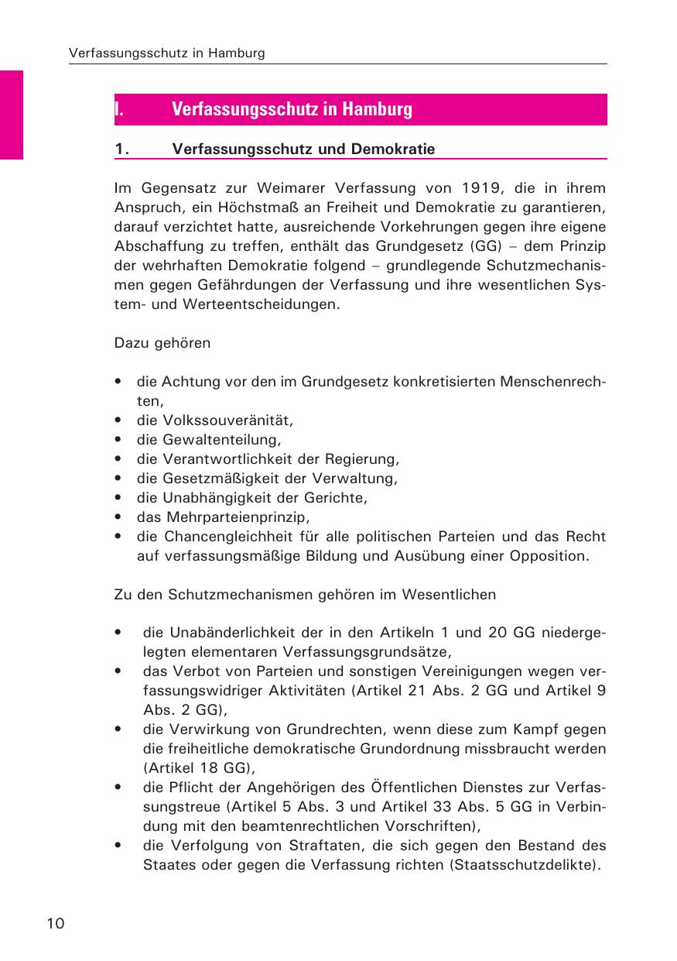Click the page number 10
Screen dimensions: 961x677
(x=56, y=923)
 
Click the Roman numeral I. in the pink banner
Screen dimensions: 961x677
(x=120, y=109)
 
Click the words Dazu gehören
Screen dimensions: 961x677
(x=162, y=343)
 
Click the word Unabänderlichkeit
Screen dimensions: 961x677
(x=236, y=633)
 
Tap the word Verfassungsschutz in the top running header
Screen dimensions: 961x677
(x=120, y=53)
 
